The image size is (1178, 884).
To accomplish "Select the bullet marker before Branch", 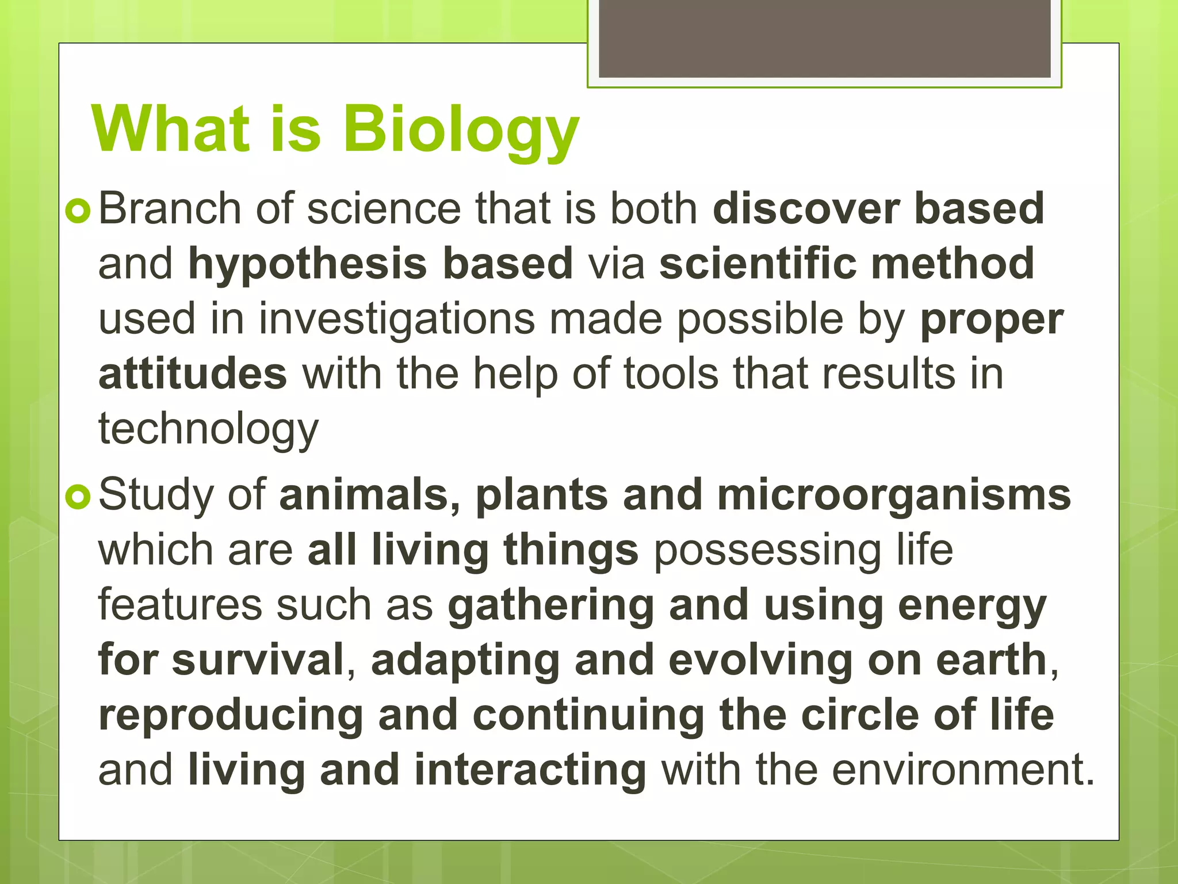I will coord(78,211).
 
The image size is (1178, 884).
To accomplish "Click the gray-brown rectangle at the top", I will coord(824,39).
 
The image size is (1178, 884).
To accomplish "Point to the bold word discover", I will coord(806,208).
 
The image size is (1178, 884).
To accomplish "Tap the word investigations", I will coord(397,319).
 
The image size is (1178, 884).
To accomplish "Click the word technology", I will coord(208,429).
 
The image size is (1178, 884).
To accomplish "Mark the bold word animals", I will coord(369,495).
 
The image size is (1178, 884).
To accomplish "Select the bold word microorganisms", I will coord(894,495).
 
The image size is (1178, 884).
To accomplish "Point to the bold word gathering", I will coord(551,605).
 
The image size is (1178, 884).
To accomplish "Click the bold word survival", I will coord(258,661).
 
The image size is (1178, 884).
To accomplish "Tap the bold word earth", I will coord(990,661).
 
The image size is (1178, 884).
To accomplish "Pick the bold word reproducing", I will coord(231,716).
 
